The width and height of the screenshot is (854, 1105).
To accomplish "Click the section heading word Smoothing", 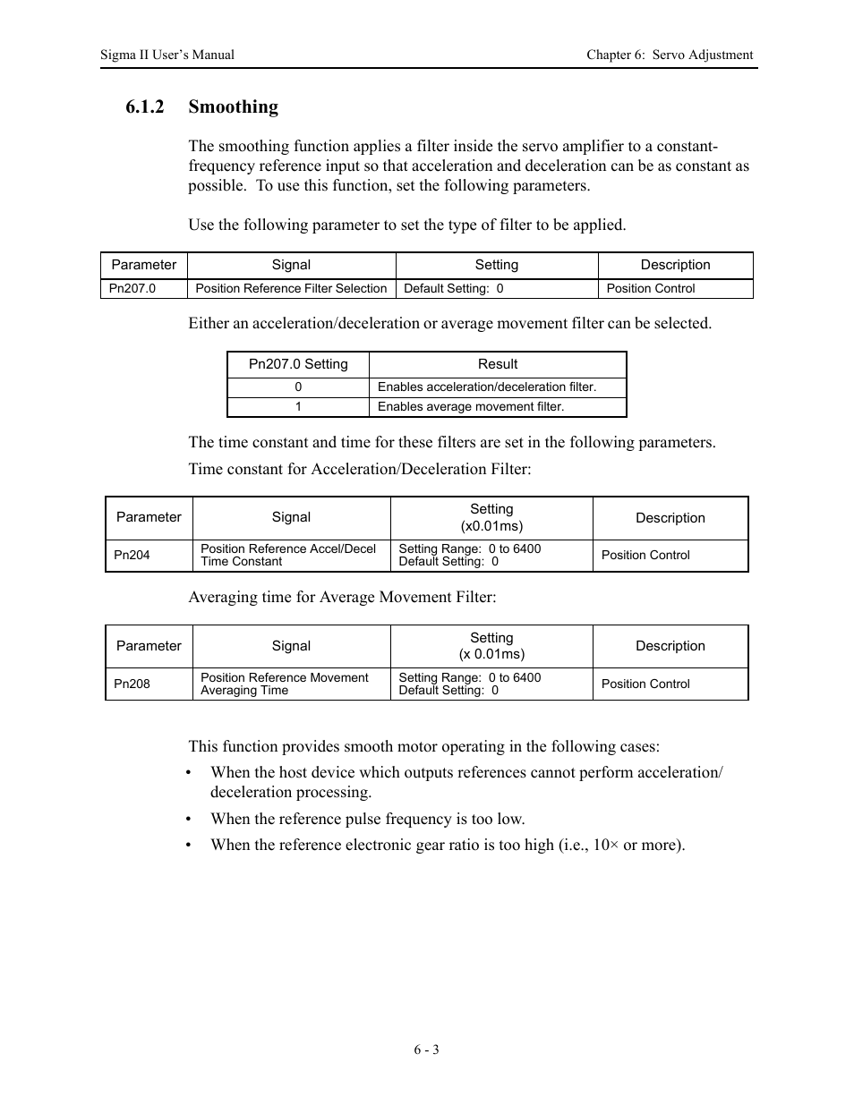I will click(x=233, y=107).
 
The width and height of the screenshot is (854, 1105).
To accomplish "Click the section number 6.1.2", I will click(x=145, y=107).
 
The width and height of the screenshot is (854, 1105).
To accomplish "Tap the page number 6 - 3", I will click(x=426, y=1050).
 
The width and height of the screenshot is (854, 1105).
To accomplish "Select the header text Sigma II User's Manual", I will click(x=167, y=55).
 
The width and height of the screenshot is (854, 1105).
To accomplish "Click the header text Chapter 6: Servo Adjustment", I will click(x=670, y=55).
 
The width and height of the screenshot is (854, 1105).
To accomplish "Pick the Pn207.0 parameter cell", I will click(x=132, y=288).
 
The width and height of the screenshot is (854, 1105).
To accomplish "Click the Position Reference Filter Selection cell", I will click(x=291, y=288).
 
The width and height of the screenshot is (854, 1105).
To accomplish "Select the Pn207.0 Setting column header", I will click(x=298, y=364).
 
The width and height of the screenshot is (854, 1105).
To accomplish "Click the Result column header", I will click(x=498, y=364).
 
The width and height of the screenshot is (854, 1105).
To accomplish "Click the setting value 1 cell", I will click(x=298, y=406).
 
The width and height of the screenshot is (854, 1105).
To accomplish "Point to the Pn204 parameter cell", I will click(x=132, y=555).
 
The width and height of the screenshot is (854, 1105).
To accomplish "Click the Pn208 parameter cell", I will click(x=132, y=684).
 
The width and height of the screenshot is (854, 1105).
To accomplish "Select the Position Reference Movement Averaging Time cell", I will click(x=285, y=684).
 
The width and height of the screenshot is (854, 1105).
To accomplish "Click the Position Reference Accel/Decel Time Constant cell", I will click(x=288, y=555).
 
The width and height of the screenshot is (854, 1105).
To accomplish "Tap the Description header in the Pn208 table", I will click(x=670, y=646).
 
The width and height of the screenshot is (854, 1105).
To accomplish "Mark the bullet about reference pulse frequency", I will click(x=367, y=819).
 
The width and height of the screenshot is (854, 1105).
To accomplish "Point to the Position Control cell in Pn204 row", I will click(x=645, y=555).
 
